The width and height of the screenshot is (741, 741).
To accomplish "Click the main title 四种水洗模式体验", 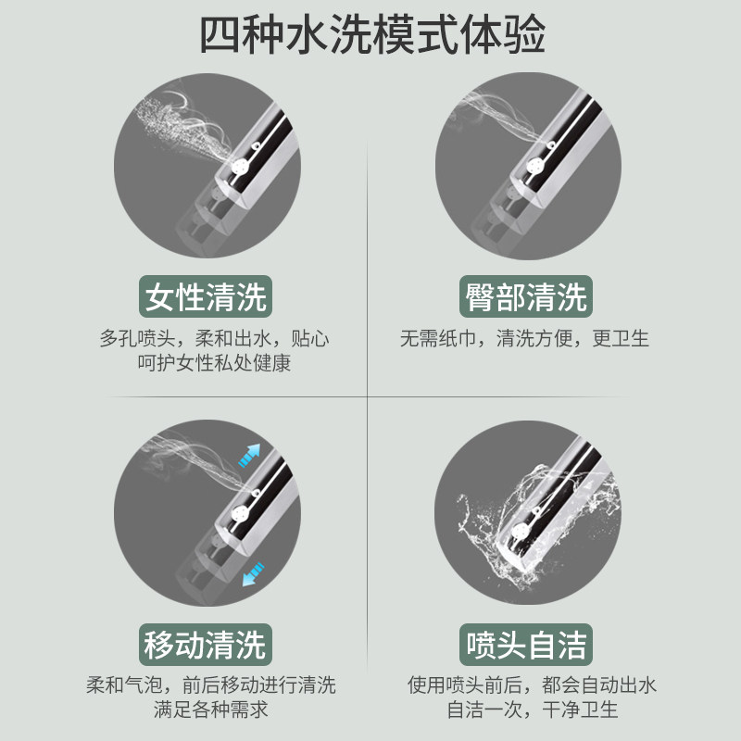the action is point(372,35).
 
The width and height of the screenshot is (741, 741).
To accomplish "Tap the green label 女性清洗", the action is point(206,296).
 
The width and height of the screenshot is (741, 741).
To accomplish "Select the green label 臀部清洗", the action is point(526,296).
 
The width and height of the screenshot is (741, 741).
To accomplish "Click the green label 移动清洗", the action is point(206,645).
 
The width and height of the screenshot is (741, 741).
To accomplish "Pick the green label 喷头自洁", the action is point(526,645).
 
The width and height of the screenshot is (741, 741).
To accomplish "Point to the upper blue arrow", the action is point(249,456).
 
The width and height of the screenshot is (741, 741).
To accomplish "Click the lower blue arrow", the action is point(253,574).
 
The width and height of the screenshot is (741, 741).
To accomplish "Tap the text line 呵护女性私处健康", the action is point(214,363).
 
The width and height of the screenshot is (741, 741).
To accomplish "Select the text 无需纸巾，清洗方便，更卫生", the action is point(524,338).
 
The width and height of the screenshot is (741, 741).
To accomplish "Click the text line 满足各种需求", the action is point(211,710).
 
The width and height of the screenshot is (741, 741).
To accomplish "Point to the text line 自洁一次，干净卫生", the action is point(533,710).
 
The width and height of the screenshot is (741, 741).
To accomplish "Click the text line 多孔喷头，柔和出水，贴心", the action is point(214,338).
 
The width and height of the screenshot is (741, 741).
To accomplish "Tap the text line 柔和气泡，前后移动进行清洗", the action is point(211,684).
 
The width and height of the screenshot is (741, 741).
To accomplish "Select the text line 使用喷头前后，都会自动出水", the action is point(532,684).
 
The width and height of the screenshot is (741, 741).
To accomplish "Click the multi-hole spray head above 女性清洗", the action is point(241,167).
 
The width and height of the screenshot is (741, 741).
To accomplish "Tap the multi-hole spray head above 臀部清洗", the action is point(536,166).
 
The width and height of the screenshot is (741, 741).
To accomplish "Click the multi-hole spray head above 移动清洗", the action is point(241,514).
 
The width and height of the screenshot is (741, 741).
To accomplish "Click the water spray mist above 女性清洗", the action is point(182,124).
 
